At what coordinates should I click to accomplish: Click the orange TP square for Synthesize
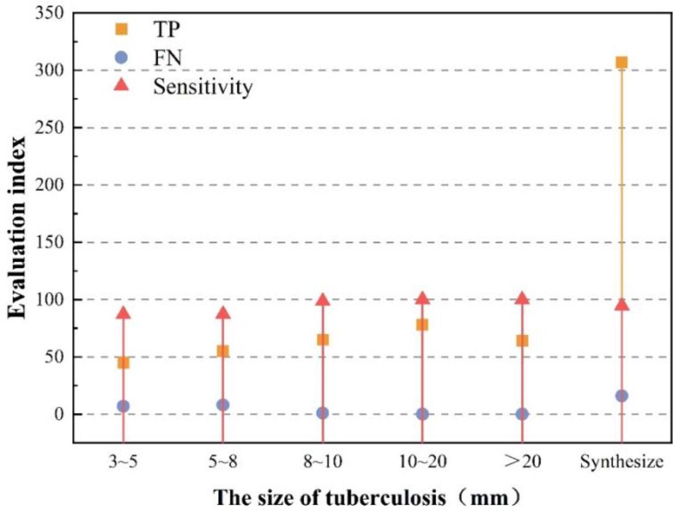click(x=621, y=62)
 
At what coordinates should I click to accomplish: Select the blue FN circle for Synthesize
click(x=621, y=395)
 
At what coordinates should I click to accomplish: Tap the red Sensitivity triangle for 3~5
click(x=123, y=313)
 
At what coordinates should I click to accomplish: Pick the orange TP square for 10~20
click(x=422, y=324)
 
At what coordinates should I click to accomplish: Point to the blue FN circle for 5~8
click(x=223, y=405)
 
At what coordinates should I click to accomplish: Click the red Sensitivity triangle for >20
click(x=522, y=298)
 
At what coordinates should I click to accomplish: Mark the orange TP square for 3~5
click(x=123, y=362)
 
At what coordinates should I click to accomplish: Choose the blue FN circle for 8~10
click(x=322, y=413)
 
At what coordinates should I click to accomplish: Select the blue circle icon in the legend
click(x=120, y=57)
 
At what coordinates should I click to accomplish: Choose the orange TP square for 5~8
click(x=223, y=351)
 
